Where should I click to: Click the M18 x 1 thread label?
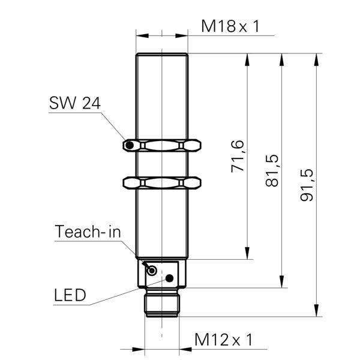[x=230, y=26]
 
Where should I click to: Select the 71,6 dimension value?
[x=238, y=156]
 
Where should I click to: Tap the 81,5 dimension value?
[x=272, y=170]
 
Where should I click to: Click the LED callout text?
[x=70, y=295]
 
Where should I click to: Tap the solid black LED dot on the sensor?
[x=170, y=278]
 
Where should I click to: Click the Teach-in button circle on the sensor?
[x=153, y=271]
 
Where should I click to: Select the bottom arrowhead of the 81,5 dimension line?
[x=281, y=283]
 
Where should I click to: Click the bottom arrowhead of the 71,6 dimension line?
[x=247, y=255]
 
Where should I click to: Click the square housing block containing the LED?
[x=162, y=273]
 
